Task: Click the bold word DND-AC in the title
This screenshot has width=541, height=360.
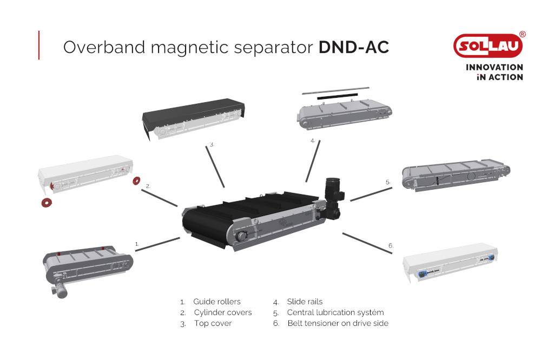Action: (353, 47)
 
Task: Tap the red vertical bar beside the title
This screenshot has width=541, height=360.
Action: (39, 45)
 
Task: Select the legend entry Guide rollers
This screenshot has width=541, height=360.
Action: (216, 302)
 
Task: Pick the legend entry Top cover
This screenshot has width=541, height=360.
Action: (213, 323)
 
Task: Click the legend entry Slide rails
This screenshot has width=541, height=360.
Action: (305, 302)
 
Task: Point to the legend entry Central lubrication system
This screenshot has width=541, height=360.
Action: (335, 312)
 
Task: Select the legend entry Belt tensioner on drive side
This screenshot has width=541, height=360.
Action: (338, 323)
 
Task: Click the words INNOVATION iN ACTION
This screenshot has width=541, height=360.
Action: (494, 72)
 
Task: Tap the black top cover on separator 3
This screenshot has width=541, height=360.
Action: (192, 108)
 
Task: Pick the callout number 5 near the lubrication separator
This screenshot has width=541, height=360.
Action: (388, 182)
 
